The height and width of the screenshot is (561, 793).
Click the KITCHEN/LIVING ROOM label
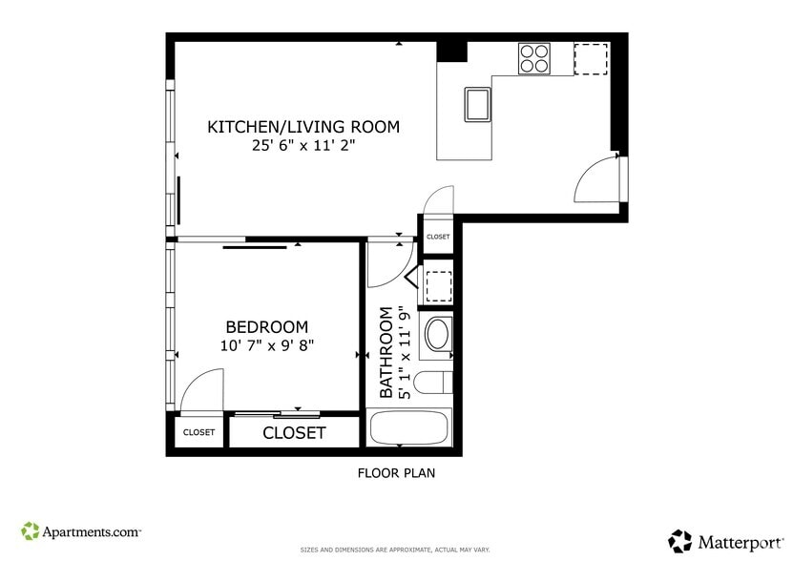[x=303, y=127]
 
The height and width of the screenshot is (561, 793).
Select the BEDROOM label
[x=266, y=327]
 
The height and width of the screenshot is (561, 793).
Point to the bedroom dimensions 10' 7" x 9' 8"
[x=266, y=345]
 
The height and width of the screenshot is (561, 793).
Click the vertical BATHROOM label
[x=386, y=352]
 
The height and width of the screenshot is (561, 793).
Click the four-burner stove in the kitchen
[x=535, y=58]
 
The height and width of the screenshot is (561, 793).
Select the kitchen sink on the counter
[x=478, y=104]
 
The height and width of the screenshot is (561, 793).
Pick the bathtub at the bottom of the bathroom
[x=409, y=427]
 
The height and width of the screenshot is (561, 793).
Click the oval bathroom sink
[x=438, y=334]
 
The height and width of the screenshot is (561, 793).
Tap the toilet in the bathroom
[x=434, y=384]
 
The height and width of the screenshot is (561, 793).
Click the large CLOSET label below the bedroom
[x=294, y=433]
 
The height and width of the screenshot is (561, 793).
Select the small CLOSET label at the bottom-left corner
[x=198, y=432]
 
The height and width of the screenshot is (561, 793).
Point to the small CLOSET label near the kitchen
[x=438, y=237]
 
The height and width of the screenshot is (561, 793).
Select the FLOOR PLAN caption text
[x=396, y=472]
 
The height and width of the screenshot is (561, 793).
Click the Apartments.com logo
[x=81, y=530]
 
